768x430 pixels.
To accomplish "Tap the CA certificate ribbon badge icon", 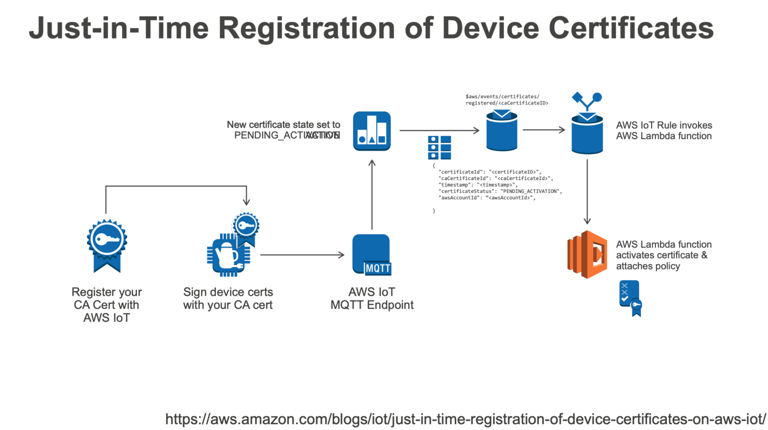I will pos(106,245).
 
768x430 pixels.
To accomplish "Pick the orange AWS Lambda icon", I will pos(587,254).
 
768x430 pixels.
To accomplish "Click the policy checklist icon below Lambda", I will pos(630,298).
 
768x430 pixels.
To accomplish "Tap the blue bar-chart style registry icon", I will pos(371,131).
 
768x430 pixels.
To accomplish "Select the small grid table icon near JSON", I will pos(439,147).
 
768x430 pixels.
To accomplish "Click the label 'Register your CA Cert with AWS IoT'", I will pos(106,304).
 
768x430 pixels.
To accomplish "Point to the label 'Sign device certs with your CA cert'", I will pos(228,298).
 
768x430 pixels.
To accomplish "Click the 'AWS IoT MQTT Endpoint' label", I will pos(372,298).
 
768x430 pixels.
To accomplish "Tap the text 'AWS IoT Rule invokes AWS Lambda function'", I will pos(663,130).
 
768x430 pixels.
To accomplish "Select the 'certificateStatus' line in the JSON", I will pos(500,191).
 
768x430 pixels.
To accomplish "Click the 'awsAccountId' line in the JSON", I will pos(487,197).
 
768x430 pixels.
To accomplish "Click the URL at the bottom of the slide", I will pos(465,419).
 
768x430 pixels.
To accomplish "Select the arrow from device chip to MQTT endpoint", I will pos(302,255).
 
